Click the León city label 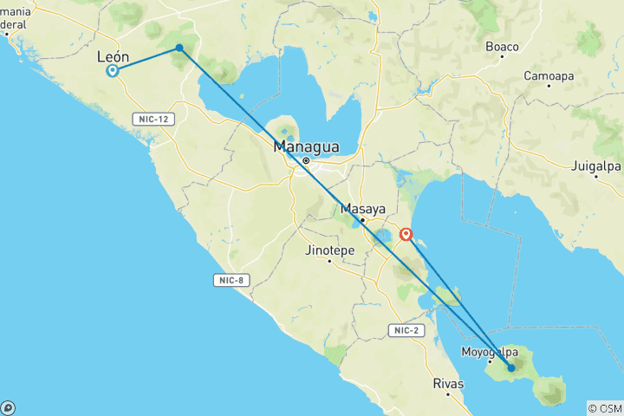tap(114, 56)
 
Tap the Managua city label tap(306, 146)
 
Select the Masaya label tap(362, 209)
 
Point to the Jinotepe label tap(329, 250)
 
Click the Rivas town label tap(448, 382)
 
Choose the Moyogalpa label tap(490, 352)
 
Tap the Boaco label tap(503, 47)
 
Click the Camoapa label tap(549, 76)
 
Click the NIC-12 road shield tap(151, 118)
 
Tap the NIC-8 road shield tap(227, 279)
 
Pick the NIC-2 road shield tap(404, 330)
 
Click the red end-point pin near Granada tap(406, 233)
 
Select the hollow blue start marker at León tap(113, 71)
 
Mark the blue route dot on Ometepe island tap(511, 367)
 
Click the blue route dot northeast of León tap(179, 48)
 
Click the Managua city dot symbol tap(306, 160)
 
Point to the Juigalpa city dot tap(595, 176)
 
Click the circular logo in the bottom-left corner tap(8, 407)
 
